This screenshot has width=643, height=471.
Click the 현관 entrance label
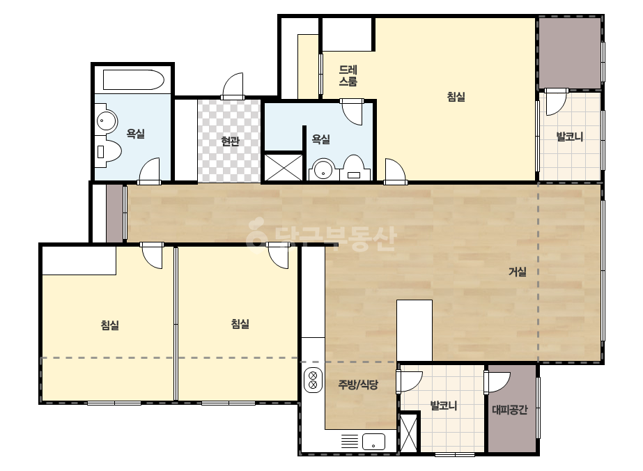230,141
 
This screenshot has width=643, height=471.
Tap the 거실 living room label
518,271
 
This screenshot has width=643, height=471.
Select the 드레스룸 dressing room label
348,75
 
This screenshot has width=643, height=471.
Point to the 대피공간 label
510,410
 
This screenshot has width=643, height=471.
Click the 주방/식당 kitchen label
358,385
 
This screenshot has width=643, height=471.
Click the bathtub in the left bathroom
133,79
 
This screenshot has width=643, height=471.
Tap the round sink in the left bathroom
106,121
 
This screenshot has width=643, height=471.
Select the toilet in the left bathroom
109,152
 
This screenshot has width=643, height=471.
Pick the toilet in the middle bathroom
353,168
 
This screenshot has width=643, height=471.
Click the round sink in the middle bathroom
324,169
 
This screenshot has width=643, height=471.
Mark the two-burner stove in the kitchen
313,380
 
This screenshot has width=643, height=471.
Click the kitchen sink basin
373,442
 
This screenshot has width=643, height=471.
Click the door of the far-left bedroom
152,255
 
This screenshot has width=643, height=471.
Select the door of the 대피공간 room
497,383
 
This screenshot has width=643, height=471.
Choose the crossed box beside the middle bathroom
283,167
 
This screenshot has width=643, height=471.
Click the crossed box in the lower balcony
408,433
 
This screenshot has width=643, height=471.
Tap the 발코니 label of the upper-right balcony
570,136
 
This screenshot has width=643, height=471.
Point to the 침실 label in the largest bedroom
456,97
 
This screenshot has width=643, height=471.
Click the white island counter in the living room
415,331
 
